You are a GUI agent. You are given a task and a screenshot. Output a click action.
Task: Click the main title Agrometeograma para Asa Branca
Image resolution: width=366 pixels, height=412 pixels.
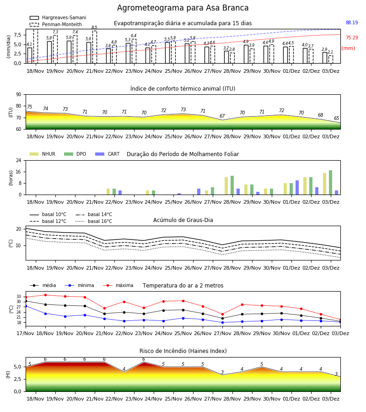[183, 8]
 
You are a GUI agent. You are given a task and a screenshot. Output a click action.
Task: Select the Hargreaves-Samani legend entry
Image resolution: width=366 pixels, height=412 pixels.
[58, 17]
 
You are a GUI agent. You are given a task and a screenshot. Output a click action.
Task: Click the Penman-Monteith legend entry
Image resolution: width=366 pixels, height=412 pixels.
[56, 24]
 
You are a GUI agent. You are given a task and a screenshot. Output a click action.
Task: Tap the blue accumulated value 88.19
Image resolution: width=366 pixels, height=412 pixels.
[352, 22]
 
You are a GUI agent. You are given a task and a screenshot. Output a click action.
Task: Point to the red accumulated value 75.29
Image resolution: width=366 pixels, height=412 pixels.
[352, 38]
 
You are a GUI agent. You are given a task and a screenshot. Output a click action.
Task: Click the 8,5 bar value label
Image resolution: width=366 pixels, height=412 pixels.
[94, 27]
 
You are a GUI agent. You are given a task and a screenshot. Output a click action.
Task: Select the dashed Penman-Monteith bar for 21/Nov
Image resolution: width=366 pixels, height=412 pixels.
[95, 47]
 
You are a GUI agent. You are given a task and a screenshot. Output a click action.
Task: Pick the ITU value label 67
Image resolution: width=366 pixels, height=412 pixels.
[222, 116]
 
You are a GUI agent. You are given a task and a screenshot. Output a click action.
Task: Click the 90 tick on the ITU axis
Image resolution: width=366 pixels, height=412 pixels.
[19, 95]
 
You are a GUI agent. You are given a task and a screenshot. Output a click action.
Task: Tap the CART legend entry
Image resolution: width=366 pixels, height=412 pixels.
[107, 154]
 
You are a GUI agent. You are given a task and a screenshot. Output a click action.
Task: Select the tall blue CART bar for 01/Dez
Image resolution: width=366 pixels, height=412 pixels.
[297, 188]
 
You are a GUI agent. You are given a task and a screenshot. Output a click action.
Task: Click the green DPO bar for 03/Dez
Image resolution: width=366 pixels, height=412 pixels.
[331, 183]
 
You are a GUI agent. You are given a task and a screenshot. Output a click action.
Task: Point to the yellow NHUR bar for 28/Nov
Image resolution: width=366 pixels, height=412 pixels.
[226, 186]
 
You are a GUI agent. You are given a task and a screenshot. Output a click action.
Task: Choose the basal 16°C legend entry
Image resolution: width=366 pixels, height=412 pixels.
[94, 221]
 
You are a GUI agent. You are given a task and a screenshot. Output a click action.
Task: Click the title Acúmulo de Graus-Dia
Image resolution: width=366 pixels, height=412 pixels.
[183, 220]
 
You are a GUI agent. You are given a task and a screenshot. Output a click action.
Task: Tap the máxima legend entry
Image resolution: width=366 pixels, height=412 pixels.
[118, 285]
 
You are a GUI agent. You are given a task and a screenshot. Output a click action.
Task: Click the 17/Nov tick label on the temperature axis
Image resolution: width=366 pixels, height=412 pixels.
[25, 333]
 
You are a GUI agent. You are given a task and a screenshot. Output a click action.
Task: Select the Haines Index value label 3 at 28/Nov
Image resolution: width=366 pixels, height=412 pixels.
[222, 372]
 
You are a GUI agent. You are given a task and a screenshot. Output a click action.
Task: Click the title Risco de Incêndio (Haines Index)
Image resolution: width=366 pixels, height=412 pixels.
[183, 351]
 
